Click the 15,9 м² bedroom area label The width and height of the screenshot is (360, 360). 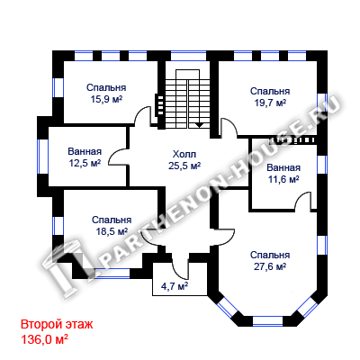(x=106, y=99)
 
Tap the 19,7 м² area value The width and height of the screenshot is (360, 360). (x=270, y=103)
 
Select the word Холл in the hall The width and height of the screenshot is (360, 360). (x=184, y=155)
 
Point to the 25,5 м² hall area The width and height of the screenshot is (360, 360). (x=184, y=166)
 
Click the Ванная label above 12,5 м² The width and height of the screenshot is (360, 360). (x=85, y=151)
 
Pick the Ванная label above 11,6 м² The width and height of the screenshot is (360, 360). (x=283, y=167)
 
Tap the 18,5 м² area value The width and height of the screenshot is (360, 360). (x=112, y=231)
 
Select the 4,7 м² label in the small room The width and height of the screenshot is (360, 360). (x=175, y=286)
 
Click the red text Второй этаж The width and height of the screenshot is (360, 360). (x=57, y=325)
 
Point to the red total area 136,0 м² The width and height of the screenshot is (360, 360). (x=44, y=339)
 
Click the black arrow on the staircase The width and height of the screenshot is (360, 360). (x=200, y=125)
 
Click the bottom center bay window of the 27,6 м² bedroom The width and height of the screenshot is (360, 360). (x=268, y=321)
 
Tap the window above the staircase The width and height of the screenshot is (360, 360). (x=189, y=56)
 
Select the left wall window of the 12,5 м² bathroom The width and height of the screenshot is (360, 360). (x=43, y=157)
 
